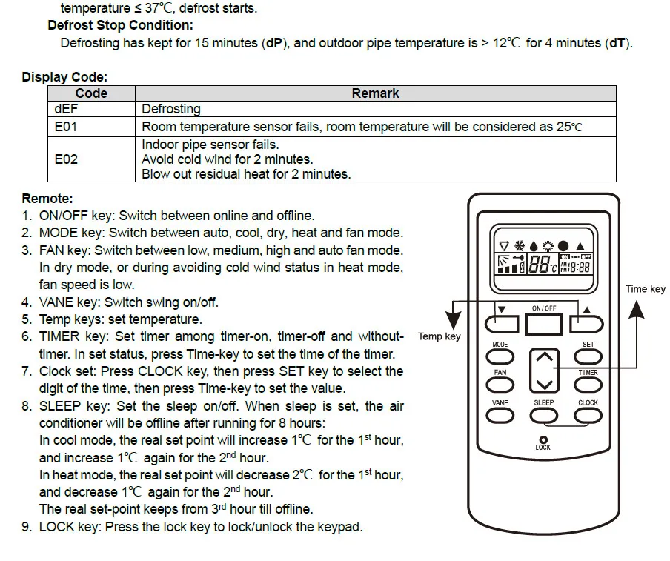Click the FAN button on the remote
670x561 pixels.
501,386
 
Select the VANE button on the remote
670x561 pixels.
501,416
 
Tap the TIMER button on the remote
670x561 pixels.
588,386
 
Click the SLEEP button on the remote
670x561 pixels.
544,416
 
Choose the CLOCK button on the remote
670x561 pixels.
588,416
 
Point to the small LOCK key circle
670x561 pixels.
544,439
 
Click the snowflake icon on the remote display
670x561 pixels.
519,246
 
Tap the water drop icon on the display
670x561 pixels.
534,246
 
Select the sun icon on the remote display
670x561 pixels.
548,246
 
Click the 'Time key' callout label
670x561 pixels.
645,289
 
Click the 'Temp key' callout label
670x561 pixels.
439,336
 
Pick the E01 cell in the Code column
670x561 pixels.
66,127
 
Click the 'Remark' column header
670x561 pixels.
375,93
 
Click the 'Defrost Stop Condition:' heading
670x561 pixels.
120,25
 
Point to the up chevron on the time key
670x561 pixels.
545,357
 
